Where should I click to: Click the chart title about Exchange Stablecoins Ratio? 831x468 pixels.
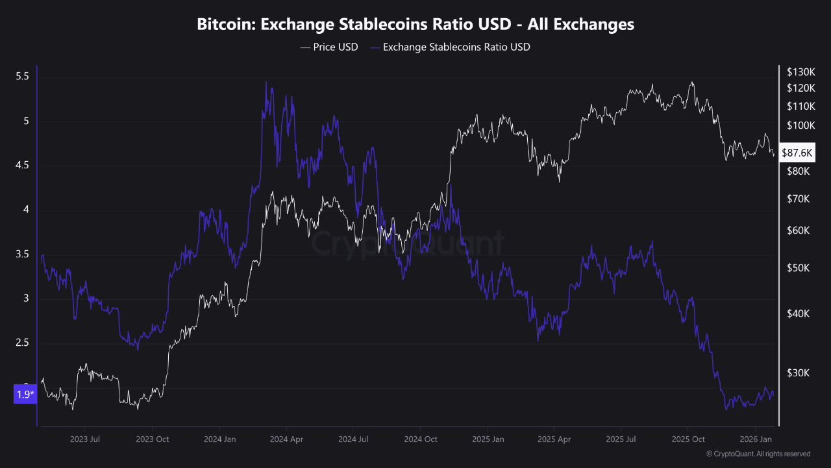(415, 25)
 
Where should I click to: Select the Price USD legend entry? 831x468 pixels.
(329, 47)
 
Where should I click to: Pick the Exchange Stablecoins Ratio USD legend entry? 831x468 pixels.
(449, 47)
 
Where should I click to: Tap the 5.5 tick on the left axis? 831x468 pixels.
(22, 77)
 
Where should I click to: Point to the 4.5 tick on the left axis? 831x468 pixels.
(22, 166)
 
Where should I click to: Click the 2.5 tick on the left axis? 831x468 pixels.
(22, 343)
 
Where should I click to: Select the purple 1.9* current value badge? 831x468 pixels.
(25, 395)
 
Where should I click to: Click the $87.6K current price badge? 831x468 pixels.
(797, 153)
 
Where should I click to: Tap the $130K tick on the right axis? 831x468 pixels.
(799, 71)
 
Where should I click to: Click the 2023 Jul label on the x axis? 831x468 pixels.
(85, 439)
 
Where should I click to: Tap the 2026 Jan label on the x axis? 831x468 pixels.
(754, 439)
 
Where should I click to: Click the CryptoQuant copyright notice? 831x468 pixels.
(758, 454)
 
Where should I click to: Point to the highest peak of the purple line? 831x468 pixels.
(266, 82)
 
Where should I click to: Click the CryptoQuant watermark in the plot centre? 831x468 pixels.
(406, 244)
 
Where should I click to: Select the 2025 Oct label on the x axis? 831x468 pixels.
(688, 439)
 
